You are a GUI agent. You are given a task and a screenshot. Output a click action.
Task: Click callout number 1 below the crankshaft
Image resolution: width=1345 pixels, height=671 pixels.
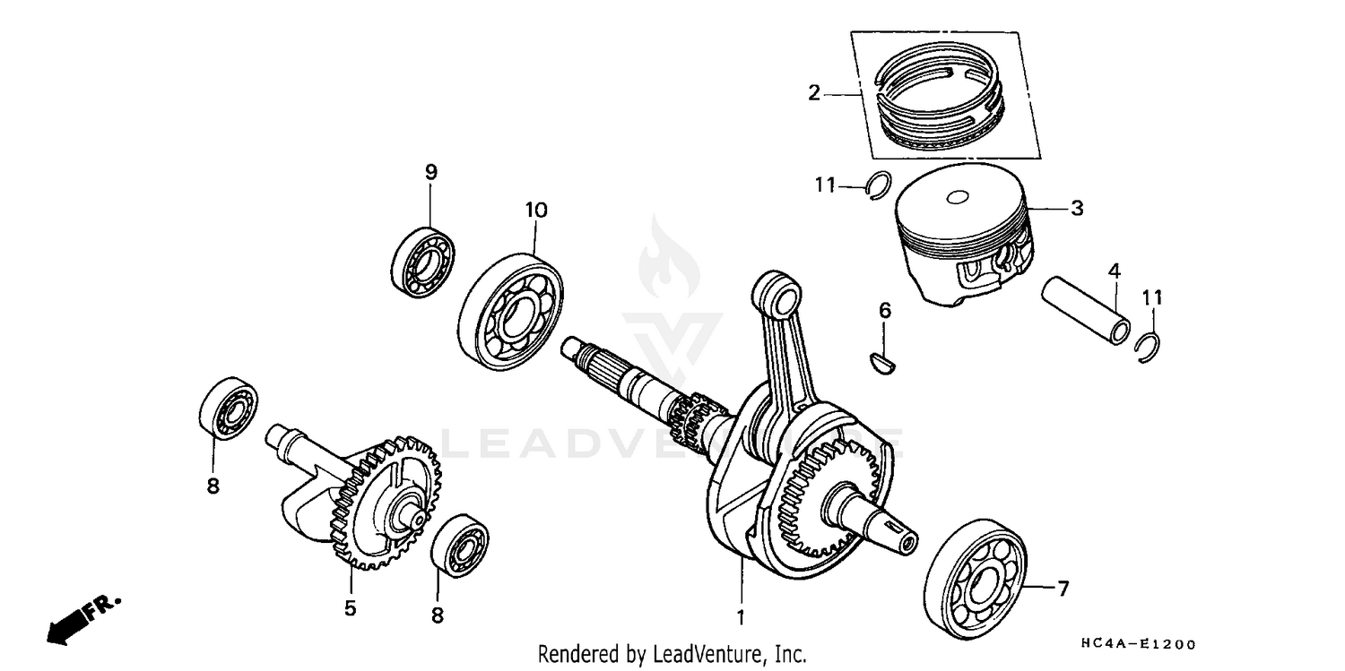pyautogui.click(x=741, y=618)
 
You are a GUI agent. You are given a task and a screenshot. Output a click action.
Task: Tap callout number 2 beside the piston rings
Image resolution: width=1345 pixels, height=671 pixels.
pyautogui.click(x=813, y=92)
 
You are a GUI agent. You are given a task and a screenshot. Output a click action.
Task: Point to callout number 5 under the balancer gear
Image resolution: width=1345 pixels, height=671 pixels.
pyautogui.click(x=350, y=608)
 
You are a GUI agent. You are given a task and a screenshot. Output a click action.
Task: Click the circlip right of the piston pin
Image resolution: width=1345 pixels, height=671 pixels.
pyautogui.click(x=1147, y=348)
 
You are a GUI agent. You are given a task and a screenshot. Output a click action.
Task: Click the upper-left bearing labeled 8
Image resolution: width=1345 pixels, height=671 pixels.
pyautogui.click(x=228, y=409)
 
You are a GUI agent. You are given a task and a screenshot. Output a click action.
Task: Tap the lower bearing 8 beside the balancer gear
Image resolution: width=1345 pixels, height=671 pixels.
pyautogui.click(x=459, y=545)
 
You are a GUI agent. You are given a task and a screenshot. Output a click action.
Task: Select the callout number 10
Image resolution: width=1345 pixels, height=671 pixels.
pyautogui.click(x=535, y=211)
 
